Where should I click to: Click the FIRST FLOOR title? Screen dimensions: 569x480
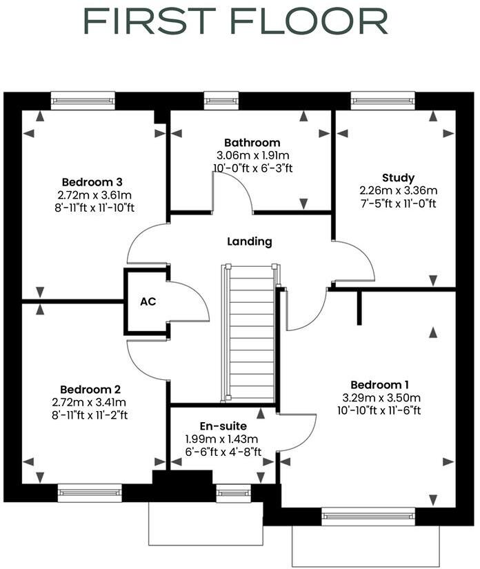coord(236,22)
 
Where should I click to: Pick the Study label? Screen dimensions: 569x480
coord(398,177)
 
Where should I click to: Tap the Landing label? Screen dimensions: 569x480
coord(250,241)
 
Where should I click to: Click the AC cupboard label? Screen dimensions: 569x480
coord(148,302)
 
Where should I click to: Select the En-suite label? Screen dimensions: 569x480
coord(222,426)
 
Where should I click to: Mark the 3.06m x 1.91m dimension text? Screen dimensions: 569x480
coord(252,155)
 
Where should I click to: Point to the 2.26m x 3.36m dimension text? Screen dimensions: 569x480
coord(398,190)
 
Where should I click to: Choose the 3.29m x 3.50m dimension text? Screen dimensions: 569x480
coord(381,397)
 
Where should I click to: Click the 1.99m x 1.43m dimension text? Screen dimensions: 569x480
coord(222,439)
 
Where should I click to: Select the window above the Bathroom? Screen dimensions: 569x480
coord(221,101)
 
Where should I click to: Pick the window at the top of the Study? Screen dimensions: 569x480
coord(383,101)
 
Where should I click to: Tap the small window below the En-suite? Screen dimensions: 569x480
coord(229,492)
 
